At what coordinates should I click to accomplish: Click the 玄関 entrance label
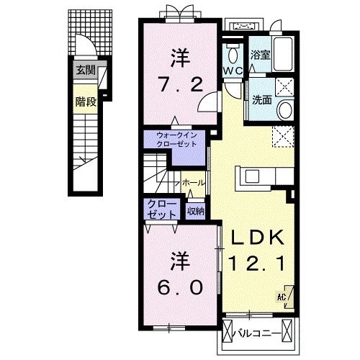[x=86, y=71]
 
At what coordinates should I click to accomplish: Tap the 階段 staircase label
[x=86, y=102]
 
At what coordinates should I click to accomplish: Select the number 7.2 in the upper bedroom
[x=181, y=84]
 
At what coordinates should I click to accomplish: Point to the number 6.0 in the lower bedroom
[x=180, y=287]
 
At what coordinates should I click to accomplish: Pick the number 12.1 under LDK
[x=257, y=264]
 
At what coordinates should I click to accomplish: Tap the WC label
[x=233, y=71]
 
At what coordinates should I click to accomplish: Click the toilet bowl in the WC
[x=233, y=55]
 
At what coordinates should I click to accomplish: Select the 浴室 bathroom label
[x=261, y=55]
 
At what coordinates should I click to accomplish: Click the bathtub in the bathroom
[x=283, y=54]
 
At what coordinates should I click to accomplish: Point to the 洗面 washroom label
[x=262, y=100]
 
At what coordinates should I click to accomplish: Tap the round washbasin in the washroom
[x=285, y=109]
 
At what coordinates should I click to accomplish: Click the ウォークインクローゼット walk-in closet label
[x=176, y=140]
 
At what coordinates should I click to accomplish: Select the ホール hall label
[x=193, y=183]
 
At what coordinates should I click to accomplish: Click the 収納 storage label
[x=196, y=211]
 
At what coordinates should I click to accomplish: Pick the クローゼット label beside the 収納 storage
[x=161, y=210]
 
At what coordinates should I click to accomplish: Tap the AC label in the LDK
[x=282, y=297]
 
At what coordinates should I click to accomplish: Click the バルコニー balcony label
[x=258, y=333]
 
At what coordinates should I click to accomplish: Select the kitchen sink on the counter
[x=252, y=176]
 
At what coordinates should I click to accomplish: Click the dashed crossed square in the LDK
[x=283, y=136]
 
